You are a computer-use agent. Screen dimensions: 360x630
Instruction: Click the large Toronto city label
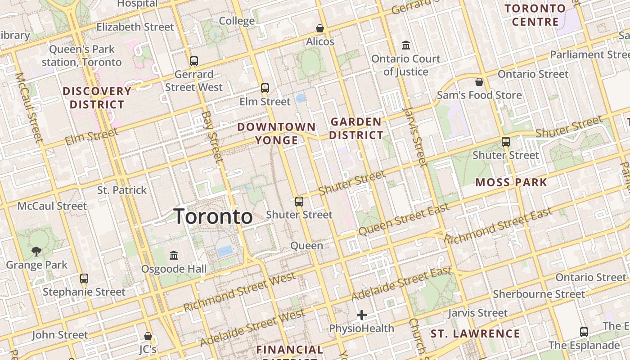(x=213, y=216)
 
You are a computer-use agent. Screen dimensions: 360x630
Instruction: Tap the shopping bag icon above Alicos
(x=320, y=28)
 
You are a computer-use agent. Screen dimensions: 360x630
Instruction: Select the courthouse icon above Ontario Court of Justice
(x=406, y=45)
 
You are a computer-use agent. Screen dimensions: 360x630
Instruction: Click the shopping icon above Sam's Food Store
(x=479, y=82)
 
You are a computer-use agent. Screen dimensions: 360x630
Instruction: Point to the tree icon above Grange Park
(x=36, y=252)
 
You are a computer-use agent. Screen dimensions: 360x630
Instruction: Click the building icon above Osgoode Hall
(x=174, y=256)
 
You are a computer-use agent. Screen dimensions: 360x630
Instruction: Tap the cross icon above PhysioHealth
(x=362, y=315)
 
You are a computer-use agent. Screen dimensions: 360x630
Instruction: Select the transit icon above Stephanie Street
(x=84, y=278)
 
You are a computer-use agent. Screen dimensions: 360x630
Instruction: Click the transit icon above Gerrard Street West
(x=194, y=61)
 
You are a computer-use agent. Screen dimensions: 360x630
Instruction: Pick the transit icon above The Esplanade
(x=584, y=332)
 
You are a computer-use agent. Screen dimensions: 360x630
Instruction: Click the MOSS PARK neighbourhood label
(x=511, y=182)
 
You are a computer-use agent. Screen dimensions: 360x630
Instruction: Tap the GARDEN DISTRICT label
(x=356, y=128)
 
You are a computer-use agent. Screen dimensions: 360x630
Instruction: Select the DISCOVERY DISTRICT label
(x=97, y=98)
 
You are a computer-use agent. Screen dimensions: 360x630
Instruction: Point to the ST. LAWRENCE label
(x=475, y=334)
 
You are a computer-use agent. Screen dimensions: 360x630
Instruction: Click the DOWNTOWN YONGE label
(x=276, y=134)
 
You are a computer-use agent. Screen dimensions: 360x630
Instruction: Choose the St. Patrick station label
(x=122, y=190)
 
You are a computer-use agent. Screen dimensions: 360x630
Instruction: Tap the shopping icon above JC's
(x=148, y=336)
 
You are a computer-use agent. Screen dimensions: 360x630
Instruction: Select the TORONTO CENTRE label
(x=535, y=15)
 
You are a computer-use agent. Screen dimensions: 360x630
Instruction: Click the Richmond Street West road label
(x=239, y=292)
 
